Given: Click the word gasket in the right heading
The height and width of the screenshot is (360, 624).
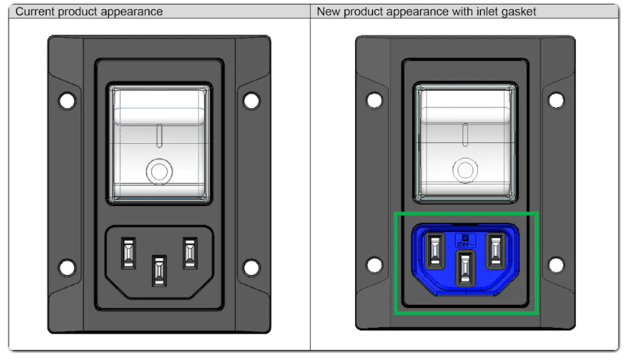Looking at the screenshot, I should (513, 11).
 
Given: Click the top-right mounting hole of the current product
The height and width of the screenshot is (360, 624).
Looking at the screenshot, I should (250, 100).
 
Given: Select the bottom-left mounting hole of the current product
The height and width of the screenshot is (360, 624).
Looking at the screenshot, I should (67, 267).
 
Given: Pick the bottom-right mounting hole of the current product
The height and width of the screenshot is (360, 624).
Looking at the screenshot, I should (250, 267).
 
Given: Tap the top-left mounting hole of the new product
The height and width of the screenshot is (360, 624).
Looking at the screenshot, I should (375, 100).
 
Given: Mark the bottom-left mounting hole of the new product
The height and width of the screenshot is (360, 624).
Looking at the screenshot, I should (375, 265).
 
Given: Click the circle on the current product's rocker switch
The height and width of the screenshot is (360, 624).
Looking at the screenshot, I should (158, 170).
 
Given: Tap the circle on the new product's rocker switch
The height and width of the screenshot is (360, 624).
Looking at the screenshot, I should (466, 169).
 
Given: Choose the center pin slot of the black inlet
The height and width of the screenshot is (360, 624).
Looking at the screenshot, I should (158, 269).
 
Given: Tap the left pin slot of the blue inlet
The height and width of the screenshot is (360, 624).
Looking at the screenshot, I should (436, 250).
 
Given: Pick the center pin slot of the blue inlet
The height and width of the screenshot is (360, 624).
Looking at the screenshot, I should (466, 268).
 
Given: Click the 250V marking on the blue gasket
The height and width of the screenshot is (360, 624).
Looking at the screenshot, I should (466, 241).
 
